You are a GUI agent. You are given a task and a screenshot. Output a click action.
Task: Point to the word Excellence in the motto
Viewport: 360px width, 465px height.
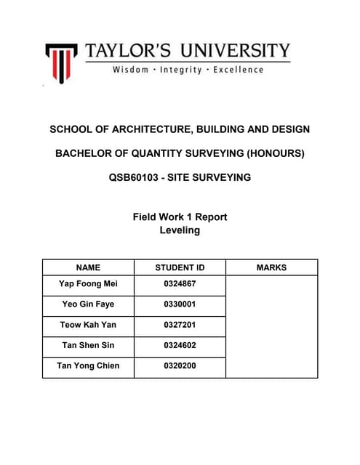[x=239, y=70]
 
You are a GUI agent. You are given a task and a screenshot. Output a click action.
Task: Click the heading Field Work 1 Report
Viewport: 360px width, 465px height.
[x=180, y=217]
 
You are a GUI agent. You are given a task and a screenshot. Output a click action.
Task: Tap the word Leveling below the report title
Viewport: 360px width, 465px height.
[x=180, y=230]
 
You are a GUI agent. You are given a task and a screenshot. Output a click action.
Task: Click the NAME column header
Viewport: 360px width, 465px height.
[x=88, y=267]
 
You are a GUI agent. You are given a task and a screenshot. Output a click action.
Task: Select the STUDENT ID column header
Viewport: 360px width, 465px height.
[x=180, y=267]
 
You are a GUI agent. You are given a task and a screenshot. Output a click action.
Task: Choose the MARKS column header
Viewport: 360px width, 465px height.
[x=271, y=267]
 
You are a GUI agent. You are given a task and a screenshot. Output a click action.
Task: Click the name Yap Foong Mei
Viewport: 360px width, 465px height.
[x=88, y=283]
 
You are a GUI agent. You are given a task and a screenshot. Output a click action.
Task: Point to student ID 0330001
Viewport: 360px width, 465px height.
[x=180, y=304]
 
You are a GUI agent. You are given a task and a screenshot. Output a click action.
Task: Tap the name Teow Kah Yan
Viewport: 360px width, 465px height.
[x=88, y=324]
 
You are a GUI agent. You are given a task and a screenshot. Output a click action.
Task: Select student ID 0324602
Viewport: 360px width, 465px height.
[x=180, y=345]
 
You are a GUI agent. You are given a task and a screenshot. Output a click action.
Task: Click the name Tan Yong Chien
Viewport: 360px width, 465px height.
[x=88, y=365]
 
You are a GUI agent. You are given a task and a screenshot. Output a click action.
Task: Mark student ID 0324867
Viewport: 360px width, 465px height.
[x=180, y=283]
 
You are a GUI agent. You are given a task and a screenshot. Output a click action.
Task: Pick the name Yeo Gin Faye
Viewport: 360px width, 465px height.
[x=88, y=304]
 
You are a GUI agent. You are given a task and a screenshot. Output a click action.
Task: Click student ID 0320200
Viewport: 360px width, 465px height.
[x=180, y=365]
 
